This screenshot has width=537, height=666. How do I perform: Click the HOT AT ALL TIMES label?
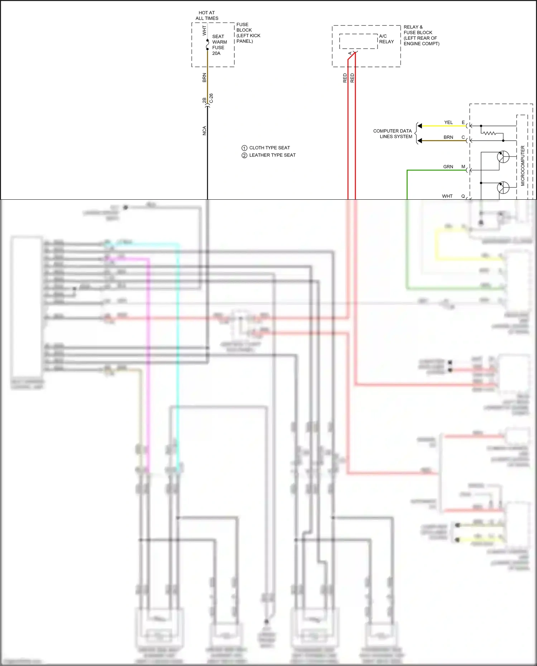[x=207, y=15]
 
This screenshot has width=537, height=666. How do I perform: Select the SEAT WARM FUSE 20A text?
[x=219, y=45]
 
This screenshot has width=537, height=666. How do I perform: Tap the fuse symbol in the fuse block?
[x=207, y=45]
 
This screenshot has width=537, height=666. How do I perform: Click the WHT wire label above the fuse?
[x=204, y=30]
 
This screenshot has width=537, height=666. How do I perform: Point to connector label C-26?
[x=211, y=98]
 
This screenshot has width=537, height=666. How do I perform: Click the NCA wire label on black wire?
[x=204, y=131]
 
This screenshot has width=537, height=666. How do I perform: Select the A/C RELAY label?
[x=386, y=39]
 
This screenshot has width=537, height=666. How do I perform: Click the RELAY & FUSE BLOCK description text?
[x=421, y=35]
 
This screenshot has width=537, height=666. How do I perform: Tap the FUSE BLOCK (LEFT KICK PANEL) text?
[x=248, y=33]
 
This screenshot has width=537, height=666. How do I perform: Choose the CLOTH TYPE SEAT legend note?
[x=269, y=148]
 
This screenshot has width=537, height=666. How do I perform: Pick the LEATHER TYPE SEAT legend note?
[x=272, y=155]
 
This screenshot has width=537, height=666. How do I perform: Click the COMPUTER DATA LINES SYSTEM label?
[x=393, y=133]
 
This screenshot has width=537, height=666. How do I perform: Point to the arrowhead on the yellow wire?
[x=420, y=126]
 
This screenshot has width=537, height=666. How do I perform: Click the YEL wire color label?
[x=448, y=122]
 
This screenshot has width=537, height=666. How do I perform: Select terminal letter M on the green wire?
[x=463, y=166]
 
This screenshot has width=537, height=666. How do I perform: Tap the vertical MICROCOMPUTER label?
[x=522, y=165]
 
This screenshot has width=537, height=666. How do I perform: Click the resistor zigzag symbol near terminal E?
[x=489, y=133]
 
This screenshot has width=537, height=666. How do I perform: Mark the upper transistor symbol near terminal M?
[x=503, y=157]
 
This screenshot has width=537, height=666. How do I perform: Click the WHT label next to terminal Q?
[x=447, y=196]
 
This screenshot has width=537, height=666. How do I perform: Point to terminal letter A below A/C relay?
[x=350, y=53]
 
